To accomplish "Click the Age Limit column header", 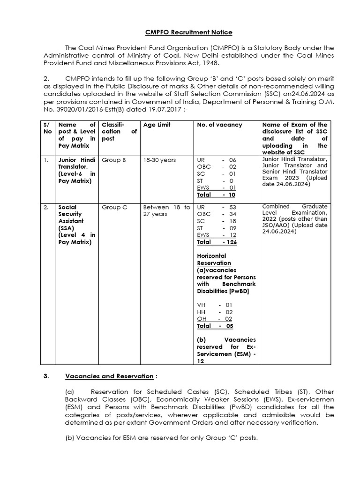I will click(x=157, y=125).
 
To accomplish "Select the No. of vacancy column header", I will click(x=219, y=125).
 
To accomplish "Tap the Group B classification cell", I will click(x=114, y=160).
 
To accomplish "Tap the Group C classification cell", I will click(x=114, y=207).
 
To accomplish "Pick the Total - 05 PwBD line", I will click(x=215, y=326).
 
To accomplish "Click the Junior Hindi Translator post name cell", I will click(x=76, y=170).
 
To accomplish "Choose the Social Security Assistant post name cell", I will click(x=76, y=224).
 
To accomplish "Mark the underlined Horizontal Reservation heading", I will click(x=212, y=259).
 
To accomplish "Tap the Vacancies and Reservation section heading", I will click(x=109, y=376).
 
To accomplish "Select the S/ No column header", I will click(x=46, y=128).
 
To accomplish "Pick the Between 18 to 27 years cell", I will click(x=167, y=210).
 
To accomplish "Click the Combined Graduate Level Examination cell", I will click(x=295, y=219).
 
